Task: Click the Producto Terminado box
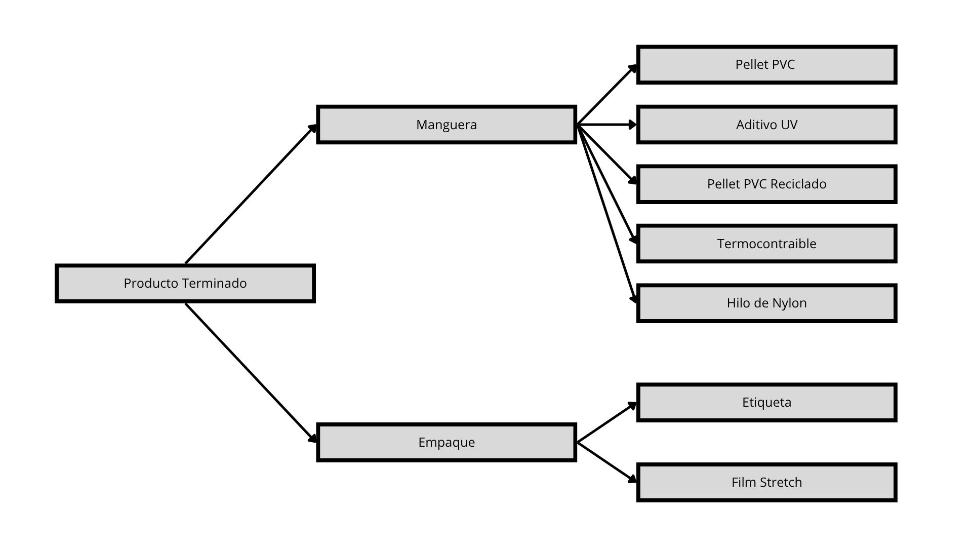[x=185, y=284]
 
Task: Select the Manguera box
[x=447, y=125]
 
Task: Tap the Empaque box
[x=447, y=443]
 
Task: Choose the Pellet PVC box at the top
[x=766, y=65]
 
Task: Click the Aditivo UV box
[x=766, y=125]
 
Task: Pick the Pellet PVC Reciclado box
[x=766, y=184]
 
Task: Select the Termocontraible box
[x=766, y=244]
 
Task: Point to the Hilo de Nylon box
[x=766, y=303]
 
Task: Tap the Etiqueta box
[x=766, y=403]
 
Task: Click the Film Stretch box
[x=766, y=482]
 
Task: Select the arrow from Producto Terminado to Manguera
[x=251, y=194]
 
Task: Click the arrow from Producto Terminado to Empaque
[x=251, y=373]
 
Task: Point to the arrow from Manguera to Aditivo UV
[x=606, y=125]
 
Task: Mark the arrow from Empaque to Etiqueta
[x=606, y=422]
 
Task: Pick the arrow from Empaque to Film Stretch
[x=606, y=462]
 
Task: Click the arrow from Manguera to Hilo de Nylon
[x=606, y=214]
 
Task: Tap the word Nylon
[x=789, y=303]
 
